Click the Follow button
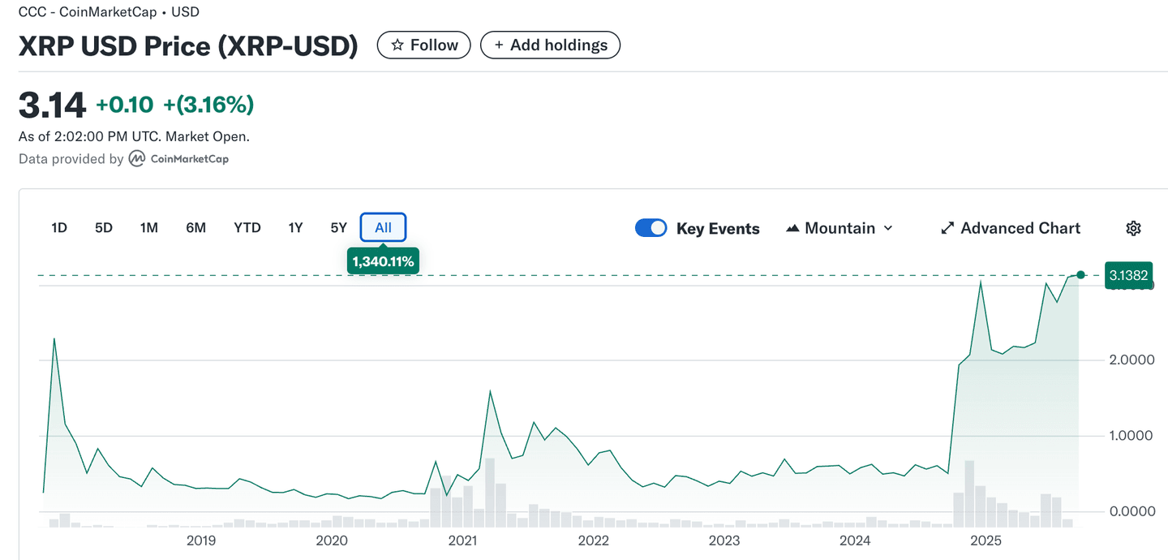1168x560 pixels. click(x=423, y=45)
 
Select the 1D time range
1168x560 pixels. click(x=59, y=228)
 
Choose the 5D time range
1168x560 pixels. click(x=104, y=228)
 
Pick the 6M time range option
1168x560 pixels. click(x=196, y=228)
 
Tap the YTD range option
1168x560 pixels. click(x=247, y=228)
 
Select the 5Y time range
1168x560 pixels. click(x=339, y=228)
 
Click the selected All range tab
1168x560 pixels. click(x=383, y=228)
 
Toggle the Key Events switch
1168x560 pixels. click(x=651, y=228)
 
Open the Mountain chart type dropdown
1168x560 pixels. click(x=839, y=228)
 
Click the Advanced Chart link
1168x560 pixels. click(x=1011, y=228)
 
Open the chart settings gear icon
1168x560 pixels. click(x=1134, y=228)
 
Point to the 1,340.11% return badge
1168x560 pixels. click(x=383, y=261)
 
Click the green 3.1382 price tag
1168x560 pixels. click(x=1128, y=275)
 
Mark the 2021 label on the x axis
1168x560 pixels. click(x=462, y=541)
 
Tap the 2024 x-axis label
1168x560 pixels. click(x=855, y=541)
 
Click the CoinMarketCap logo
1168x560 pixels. click(x=179, y=159)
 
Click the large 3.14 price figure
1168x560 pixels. click(x=52, y=106)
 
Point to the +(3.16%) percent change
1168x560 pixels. click(x=208, y=105)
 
